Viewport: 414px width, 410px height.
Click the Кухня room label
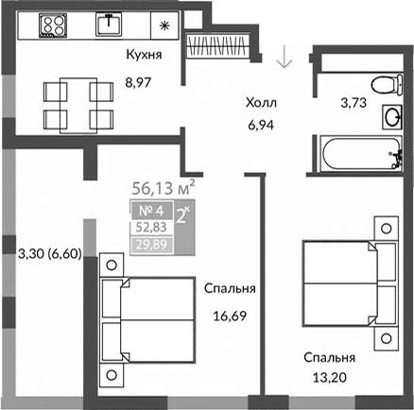(x=144, y=55)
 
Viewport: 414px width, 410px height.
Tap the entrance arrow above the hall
(x=283, y=59)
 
